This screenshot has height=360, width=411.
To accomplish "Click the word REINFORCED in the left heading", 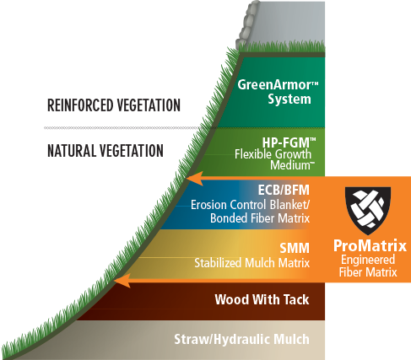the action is click(80, 105).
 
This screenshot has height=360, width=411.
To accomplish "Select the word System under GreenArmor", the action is click(289, 99).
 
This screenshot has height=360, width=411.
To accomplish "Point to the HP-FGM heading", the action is click(289, 142).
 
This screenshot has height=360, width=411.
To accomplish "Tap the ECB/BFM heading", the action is click(284, 191).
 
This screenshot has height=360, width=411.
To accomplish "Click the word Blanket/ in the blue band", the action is click(289, 205).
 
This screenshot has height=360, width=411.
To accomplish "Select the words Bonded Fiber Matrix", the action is click(260, 218).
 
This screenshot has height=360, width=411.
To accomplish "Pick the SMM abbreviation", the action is click(295, 248).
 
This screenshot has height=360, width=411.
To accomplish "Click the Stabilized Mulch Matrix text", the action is click(251, 263).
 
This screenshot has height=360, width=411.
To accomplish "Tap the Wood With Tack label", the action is click(262, 299).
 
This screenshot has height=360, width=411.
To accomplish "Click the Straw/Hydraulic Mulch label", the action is click(241, 339).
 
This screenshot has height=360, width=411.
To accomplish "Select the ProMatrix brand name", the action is click(370, 245).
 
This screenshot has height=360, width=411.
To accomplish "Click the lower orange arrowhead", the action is click(122, 281).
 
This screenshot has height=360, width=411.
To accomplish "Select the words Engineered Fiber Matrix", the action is click(368, 266).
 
